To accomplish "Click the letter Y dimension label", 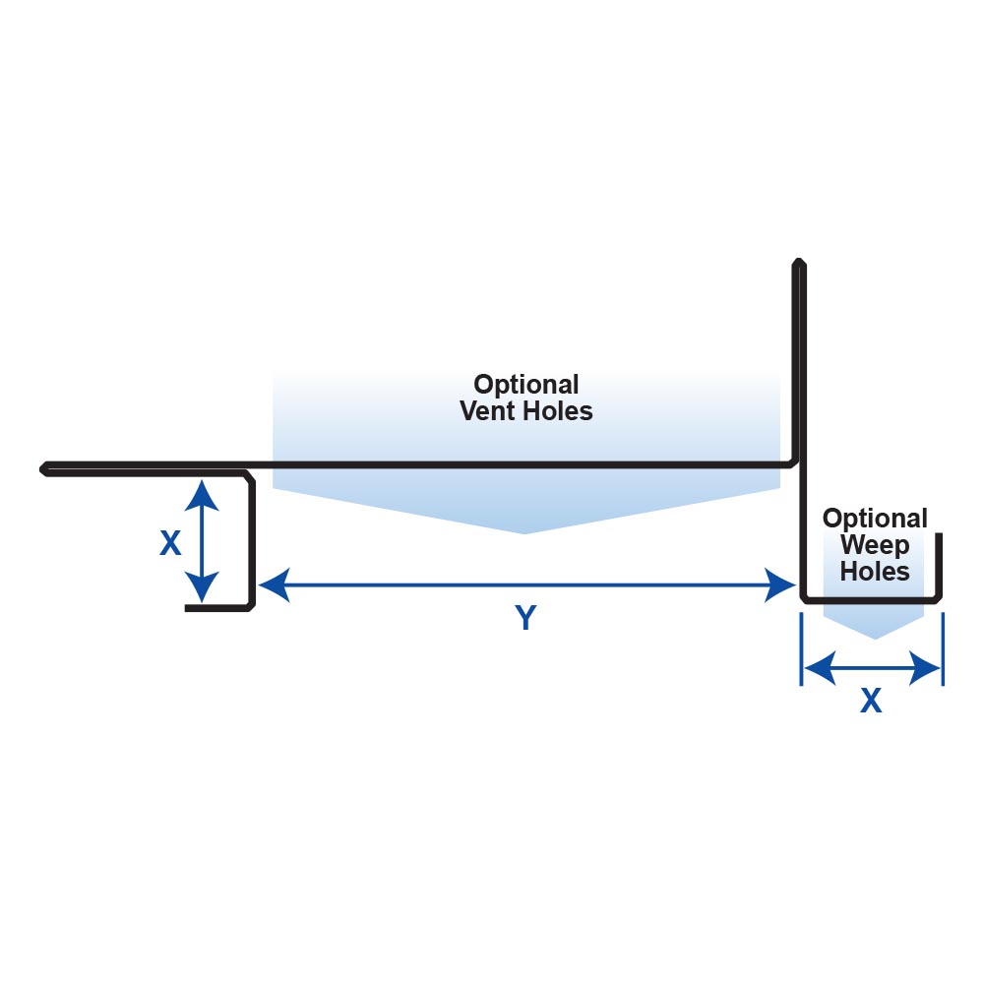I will pyautogui.click(x=526, y=618).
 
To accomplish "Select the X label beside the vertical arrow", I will pyautogui.click(x=170, y=544).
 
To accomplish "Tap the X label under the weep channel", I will pyautogui.click(x=871, y=701).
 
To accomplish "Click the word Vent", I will pyautogui.click(x=489, y=410).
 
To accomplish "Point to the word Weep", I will pyautogui.click(x=875, y=544).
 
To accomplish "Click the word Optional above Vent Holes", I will pyautogui.click(x=526, y=384).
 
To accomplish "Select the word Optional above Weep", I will pyautogui.click(x=875, y=519).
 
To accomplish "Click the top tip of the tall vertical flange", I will pyautogui.click(x=799, y=262).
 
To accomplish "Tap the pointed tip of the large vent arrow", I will pyautogui.click(x=524, y=532).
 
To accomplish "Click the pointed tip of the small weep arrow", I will pyautogui.click(x=874, y=638).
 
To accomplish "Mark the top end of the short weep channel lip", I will pyautogui.click(x=939, y=536).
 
